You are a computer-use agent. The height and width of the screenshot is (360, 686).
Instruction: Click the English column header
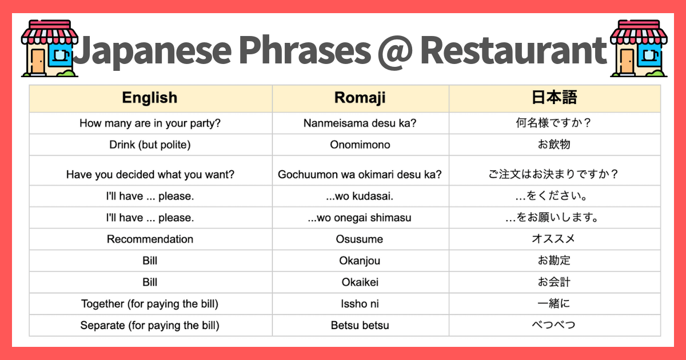point(150,98)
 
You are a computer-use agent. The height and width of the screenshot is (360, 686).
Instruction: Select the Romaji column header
point(360,98)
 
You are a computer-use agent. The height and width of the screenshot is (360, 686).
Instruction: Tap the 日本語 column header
point(554,98)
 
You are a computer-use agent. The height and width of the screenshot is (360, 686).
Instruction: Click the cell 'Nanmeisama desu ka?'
point(360,123)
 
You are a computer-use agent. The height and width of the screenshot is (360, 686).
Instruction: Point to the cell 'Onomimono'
point(360,145)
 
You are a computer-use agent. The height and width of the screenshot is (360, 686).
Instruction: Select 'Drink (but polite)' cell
point(150,145)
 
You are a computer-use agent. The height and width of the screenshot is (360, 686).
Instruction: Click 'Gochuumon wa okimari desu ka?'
point(360,174)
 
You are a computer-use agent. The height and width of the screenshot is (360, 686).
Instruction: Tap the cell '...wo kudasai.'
point(360,196)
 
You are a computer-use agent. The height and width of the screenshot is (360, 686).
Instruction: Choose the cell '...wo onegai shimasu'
point(360,218)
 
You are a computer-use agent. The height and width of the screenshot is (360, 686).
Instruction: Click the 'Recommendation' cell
point(150,239)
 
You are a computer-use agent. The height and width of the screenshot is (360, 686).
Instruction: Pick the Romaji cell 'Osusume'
point(360,239)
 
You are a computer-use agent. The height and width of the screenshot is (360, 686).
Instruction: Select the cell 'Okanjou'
point(360,261)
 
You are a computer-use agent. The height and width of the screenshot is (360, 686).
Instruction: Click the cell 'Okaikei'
point(360,282)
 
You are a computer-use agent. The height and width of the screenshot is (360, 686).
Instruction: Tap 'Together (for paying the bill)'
point(150,304)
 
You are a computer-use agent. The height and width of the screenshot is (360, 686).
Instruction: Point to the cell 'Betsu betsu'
point(360,326)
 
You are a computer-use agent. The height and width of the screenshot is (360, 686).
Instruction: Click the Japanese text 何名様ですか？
point(554,123)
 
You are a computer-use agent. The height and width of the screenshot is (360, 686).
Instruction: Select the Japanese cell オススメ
point(554,239)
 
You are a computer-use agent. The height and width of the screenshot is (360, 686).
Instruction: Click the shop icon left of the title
point(48,49)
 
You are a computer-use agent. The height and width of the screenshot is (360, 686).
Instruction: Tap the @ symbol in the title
point(394,50)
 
